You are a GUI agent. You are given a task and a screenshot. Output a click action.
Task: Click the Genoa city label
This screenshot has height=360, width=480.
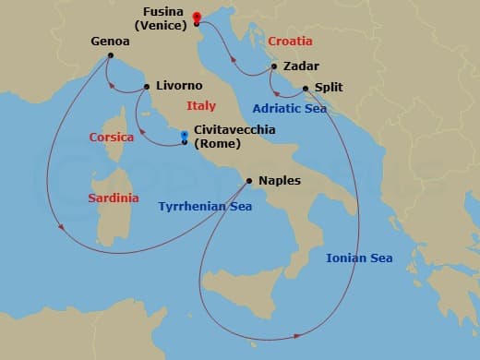[x=110, y=42]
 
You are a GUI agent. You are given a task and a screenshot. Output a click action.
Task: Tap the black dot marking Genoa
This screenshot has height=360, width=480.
[x=110, y=56]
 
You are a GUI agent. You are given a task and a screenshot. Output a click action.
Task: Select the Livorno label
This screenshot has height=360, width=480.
[x=179, y=86]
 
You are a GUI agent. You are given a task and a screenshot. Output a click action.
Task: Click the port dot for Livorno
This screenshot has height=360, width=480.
[x=148, y=88]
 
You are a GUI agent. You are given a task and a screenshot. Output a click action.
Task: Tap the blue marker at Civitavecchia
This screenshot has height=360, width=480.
[x=185, y=136]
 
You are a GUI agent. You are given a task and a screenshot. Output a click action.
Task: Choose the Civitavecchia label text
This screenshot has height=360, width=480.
[x=234, y=130]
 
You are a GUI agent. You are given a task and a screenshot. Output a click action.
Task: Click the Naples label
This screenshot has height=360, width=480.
[x=280, y=181]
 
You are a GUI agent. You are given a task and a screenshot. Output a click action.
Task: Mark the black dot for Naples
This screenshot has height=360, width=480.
[x=249, y=181]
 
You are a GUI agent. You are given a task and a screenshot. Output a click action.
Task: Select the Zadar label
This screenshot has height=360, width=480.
[x=302, y=66]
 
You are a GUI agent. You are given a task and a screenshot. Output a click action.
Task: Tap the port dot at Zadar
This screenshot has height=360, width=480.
[x=274, y=66]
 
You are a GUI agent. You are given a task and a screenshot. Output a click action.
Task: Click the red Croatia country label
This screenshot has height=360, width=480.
[x=290, y=42]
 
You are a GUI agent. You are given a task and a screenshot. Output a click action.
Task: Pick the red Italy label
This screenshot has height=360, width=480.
[x=200, y=106]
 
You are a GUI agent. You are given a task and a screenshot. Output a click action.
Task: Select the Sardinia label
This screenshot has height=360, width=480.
[x=114, y=198]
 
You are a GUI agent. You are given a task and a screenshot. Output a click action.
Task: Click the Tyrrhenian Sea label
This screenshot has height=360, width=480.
[x=205, y=207]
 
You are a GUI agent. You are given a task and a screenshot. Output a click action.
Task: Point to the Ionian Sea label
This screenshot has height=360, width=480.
[x=360, y=258]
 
